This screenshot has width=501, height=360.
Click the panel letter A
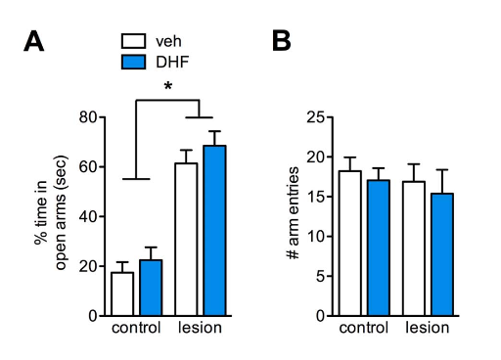[33, 41]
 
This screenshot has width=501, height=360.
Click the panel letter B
[281, 41]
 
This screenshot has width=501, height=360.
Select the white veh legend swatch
[133, 41]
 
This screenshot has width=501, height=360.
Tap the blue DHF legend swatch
[133, 62]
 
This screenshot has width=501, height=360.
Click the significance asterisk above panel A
[167, 87]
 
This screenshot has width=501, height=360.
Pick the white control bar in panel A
[122, 293]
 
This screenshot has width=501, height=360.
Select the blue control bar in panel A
[151, 288]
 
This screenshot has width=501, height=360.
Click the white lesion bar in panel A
[186, 240]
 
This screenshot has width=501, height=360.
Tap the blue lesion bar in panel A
[214, 231]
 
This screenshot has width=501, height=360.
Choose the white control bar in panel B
[349, 244]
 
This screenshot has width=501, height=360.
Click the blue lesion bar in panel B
[442, 254]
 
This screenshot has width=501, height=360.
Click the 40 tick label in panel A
[88, 216]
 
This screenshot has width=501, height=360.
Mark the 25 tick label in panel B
[315, 117]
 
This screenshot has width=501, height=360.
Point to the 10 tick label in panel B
[315, 236]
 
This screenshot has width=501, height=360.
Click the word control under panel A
[136, 328]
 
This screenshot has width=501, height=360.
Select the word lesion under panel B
[428, 328]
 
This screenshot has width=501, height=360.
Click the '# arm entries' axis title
[294, 213]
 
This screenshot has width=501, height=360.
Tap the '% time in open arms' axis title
[51, 212]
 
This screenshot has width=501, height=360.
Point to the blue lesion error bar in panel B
[442, 181]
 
